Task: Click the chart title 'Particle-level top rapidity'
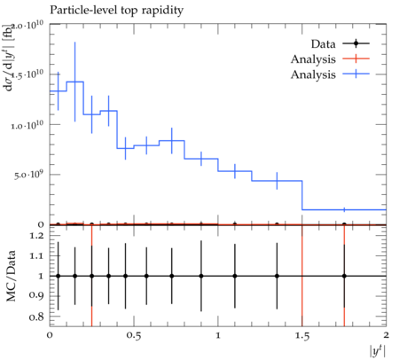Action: coord(116,10)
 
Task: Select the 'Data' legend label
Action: coord(323,44)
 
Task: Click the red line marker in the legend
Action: coord(356,59)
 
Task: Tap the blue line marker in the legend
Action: coord(356,74)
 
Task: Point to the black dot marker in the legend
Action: coord(356,43)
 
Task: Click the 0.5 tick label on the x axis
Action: coord(134,336)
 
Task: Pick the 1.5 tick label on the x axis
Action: coord(302,336)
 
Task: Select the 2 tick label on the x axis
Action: coord(386,335)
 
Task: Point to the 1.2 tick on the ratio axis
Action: coord(36,236)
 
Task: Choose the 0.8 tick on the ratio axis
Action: coord(36,317)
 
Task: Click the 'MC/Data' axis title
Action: coord(11,276)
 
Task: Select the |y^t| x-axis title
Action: coord(378,351)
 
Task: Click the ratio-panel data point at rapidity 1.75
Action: coord(344,276)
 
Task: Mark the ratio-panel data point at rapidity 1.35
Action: coord(277,276)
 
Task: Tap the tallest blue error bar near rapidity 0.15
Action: coord(75,82)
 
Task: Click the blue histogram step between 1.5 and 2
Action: coord(344,210)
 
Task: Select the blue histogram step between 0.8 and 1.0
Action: coord(201,159)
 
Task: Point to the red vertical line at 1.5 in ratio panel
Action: coord(302,276)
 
